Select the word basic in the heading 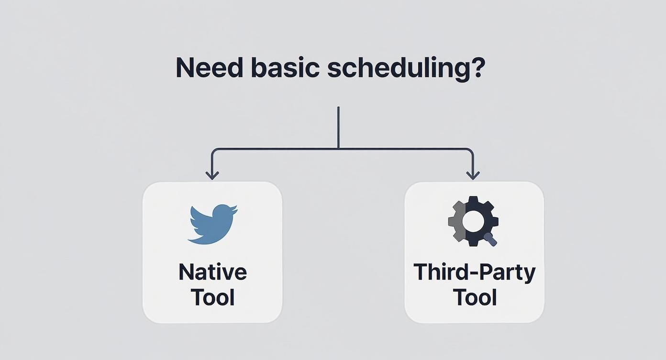click(285, 68)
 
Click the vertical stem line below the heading click(338, 127)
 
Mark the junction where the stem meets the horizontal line click(338, 149)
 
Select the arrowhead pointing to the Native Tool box click(212, 175)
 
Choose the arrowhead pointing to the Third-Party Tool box click(473, 175)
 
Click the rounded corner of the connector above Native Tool click(214, 151)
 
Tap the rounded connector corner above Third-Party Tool click(471, 151)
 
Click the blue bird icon click(212, 224)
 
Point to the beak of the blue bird click(234, 209)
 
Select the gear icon click(473, 221)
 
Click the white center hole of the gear click(474, 221)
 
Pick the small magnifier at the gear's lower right click(490, 238)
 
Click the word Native click(212, 272)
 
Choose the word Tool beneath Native click(212, 297)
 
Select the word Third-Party click(474, 272)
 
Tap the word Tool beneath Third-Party click(474, 297)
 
